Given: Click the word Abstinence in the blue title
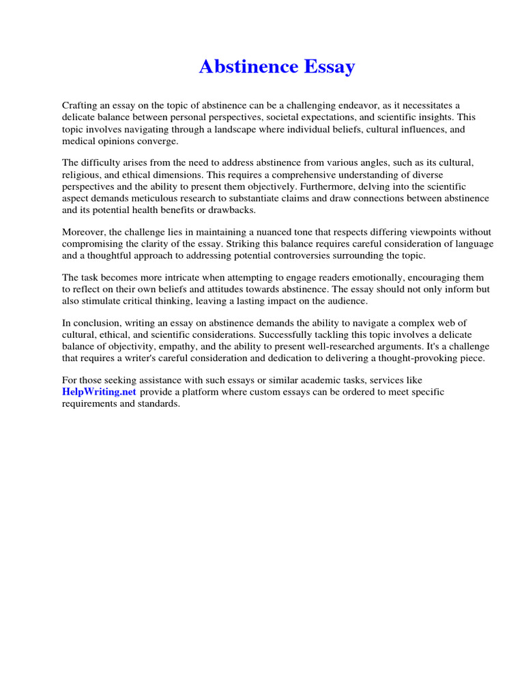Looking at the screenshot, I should [x=248, y=67].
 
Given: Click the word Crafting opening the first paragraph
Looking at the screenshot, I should [x=81, y=105].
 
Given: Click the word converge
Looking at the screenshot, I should [x=158, y=140].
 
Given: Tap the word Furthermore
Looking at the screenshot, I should [x=334, y=186].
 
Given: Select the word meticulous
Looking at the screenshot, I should [x=175, y=198].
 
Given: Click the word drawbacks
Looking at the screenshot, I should [x=231, y=210].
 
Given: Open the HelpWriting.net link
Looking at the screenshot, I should [x=100, y=393].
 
